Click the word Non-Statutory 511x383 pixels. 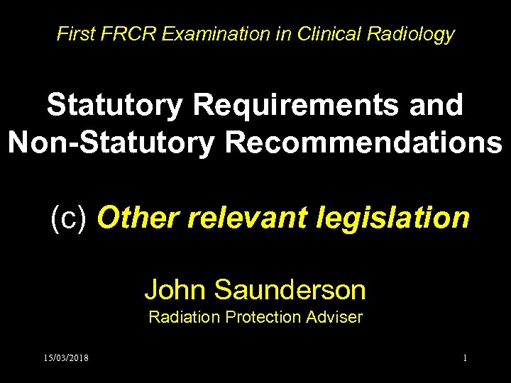[111, 143]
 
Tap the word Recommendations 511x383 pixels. [364, 143]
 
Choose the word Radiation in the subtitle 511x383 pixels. [185, 317]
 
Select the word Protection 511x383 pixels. [265, 317]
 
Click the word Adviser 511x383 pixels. [336, 317]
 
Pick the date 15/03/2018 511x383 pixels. [65, 358]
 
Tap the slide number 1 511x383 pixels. [465, 358]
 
